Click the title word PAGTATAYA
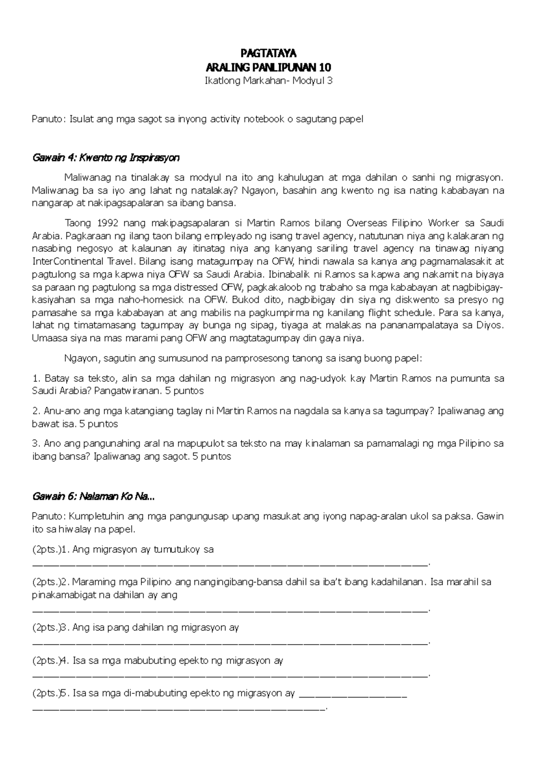[x=268, y=54]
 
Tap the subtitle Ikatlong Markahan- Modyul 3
[x=268, y=81]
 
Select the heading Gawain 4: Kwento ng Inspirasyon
[x=106, y=158]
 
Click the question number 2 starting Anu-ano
[x=35, y=411]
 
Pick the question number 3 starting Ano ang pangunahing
[x=35, y=444]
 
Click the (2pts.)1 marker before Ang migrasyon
[x=49, y=550]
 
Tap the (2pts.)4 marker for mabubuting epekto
[x=50, y=661]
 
